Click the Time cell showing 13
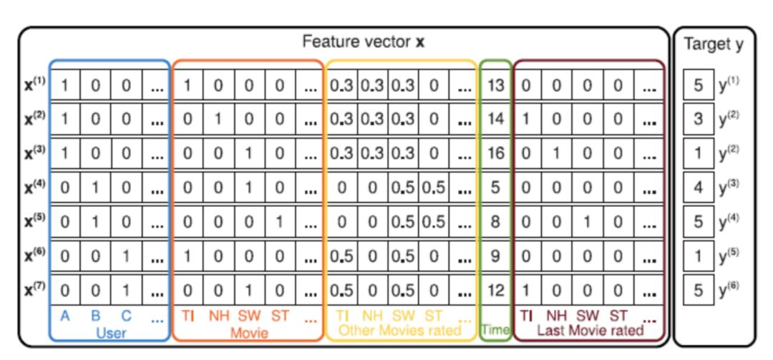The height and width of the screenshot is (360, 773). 495,86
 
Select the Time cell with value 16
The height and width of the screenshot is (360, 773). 495,153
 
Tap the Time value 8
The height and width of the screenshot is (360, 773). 495,221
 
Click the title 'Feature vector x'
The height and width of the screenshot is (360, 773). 364,42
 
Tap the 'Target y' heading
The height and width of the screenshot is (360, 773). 714,44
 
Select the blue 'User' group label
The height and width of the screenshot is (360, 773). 111,332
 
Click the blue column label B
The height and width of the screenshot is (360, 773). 96,316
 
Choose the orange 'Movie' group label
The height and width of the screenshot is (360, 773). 250,333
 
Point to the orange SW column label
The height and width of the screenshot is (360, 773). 249,316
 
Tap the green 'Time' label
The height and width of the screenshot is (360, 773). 495,330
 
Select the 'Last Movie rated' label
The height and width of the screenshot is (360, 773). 590,330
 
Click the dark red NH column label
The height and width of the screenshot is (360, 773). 557,316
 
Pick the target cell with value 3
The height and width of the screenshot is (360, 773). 698,120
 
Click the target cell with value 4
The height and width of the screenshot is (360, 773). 698,188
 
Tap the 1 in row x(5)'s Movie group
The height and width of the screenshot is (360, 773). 280,221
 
